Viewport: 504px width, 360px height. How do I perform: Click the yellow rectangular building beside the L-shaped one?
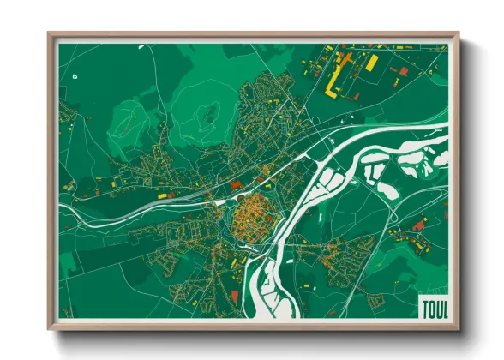(x=371, y=62)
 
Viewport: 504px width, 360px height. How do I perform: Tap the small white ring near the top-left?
(x=75, y=75)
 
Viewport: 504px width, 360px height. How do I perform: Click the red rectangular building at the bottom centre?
(x=234, y=295)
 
